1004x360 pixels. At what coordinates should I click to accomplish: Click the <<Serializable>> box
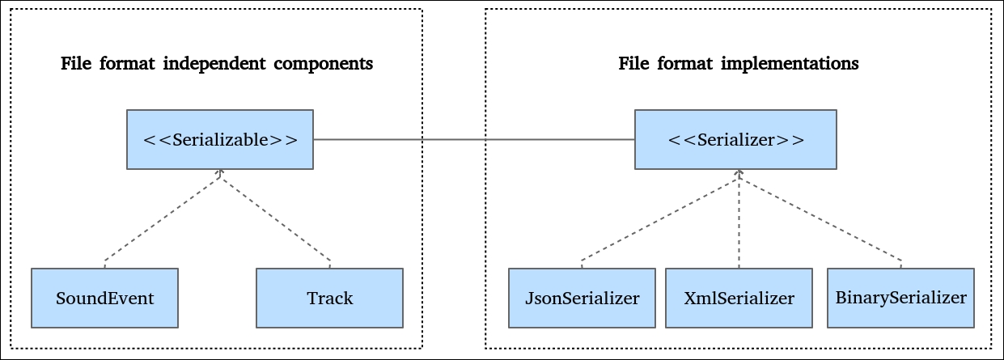click(x=220, y=139)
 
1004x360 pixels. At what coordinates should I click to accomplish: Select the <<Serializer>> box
click(x=735, y=139)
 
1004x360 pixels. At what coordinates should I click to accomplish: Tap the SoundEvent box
click(x=105, y=299)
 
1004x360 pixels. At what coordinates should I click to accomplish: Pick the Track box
click(x=330, y=299)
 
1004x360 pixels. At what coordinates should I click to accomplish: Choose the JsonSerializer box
click(x=582, y=299)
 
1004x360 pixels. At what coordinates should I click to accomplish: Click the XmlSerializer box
click(x=739, y=299)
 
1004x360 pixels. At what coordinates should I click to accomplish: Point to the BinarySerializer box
click(x=901, y=299)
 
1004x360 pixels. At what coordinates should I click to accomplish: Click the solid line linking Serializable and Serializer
click(x=474, y=139)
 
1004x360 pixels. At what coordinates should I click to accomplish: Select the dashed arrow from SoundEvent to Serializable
click(x=163, y=218)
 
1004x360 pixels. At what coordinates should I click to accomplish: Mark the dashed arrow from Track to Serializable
click(x=275, y=218)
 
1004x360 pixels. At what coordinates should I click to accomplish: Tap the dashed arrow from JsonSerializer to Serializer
click(x=660, y=218)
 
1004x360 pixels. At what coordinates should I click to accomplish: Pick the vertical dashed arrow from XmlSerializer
click(x=739, y=218)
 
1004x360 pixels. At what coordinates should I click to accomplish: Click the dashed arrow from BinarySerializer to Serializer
click(x=820, y=218)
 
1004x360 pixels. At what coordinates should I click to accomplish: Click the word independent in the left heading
click(x=214, y=64)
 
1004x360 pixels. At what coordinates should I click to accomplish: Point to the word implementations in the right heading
click(x=790, y=64)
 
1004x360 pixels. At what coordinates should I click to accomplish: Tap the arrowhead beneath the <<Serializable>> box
click(x=220, y=173)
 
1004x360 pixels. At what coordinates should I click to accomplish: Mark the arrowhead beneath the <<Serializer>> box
click(x=739, y=173)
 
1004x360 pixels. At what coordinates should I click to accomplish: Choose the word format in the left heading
click(x=127, y=64)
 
